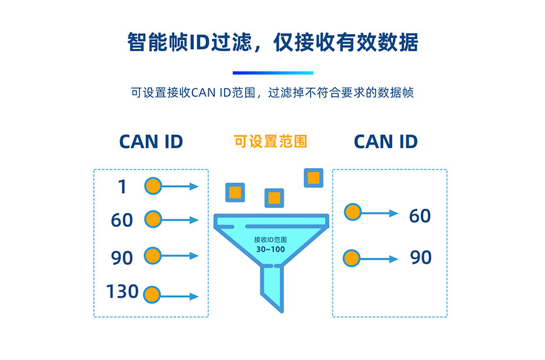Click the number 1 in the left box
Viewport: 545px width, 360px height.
pyautogui.click(x=122, y=187)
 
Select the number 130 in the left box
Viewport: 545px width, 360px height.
pyautogui.click(x=122, y=292)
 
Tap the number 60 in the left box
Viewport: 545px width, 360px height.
pyautogui.click(x=122, y=220)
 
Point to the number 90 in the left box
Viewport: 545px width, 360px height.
pyautogui.click(x=122, y=258)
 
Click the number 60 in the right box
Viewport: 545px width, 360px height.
pyautogui.click(x=420, y=216)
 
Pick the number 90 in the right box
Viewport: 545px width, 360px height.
pyautogui.click(x=421, y=257)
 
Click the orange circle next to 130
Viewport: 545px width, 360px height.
pyautogui.click(x=153, y=296)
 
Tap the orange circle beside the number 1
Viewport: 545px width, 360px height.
pyautogui.click(x=153, y=186)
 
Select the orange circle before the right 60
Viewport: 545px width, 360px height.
pyautogui.click(x=352, y=212)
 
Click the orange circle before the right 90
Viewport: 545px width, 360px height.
pyautogui.click(x=351, y=258)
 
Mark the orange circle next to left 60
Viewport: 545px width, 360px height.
pyautogui.click(x=153, y=220)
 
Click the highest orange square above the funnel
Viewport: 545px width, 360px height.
pyautogui.click(x=312, y=177)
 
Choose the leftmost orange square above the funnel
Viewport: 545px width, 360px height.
pyautogui.click(x=235, y=192)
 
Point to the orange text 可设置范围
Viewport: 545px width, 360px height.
pyautogui.click(x=270, y=142)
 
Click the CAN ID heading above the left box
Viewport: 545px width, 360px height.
pyautogui.click(x=151, y=142)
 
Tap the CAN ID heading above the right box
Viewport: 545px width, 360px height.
pyautogui.click(x=386, y=142)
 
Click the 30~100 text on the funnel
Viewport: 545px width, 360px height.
pyautogui.click(x=270, y=249)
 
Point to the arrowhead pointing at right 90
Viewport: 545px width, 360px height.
pyautogui.click(x=394, y=258)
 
